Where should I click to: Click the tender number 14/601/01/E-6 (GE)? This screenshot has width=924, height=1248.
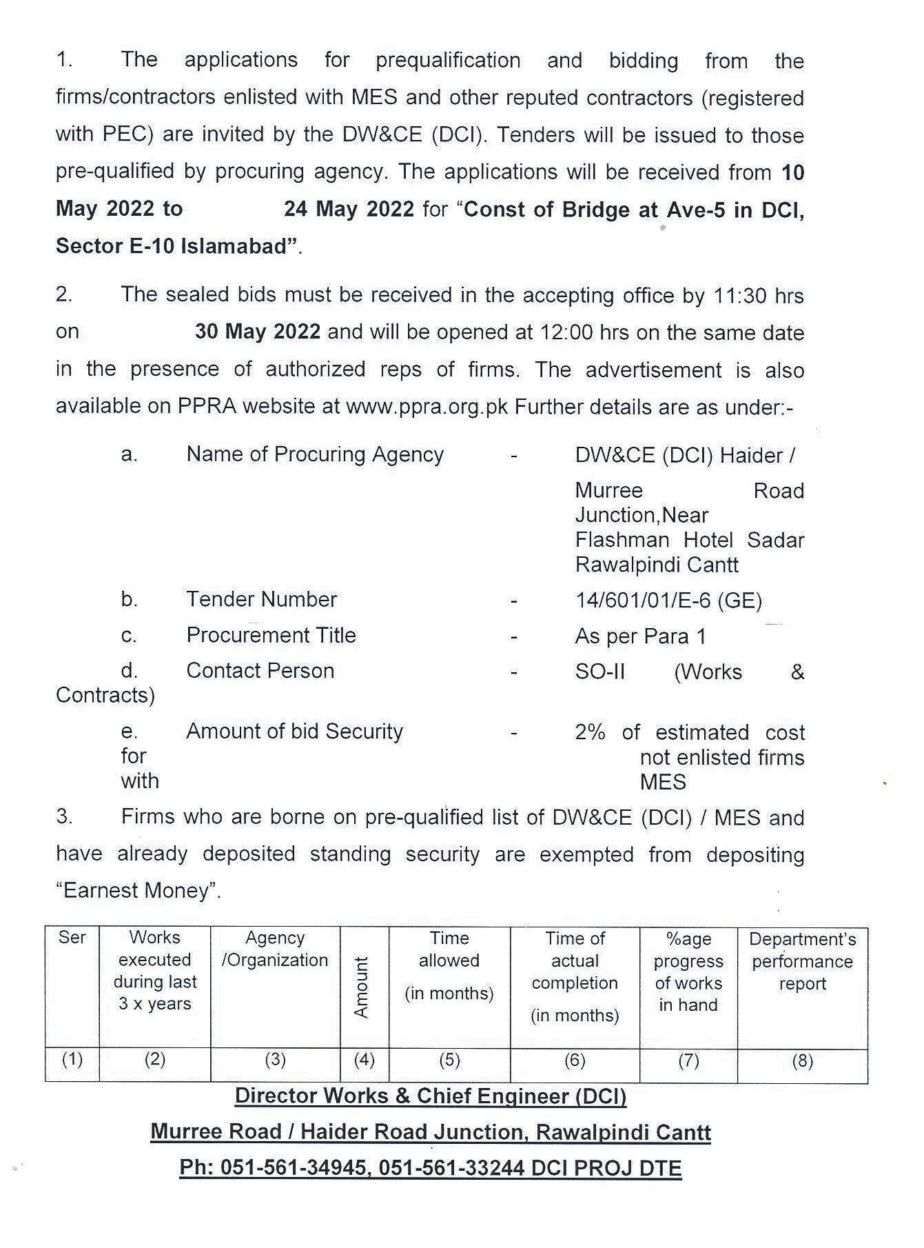[668, 601]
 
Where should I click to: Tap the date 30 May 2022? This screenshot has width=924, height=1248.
[257, 332]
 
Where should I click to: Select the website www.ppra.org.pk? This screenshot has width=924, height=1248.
[427, 407]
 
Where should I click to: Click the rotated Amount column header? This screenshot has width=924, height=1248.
[362, 987]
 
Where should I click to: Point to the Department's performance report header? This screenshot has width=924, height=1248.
[802, 961]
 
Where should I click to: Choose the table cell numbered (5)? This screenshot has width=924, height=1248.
[449, 1059]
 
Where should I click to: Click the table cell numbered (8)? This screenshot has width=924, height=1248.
[802, 1060]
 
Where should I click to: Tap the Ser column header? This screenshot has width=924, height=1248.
[72, 938]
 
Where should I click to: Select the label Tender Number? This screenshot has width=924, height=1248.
[261, 599]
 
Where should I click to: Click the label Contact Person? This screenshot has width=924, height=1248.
[260, 670]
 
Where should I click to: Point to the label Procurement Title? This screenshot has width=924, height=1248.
[271, 635]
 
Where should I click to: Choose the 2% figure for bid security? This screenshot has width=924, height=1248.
[590, 732]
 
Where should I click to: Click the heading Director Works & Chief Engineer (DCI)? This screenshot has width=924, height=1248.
[431, 1096]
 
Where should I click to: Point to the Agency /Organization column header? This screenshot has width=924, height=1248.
[275, 949]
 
